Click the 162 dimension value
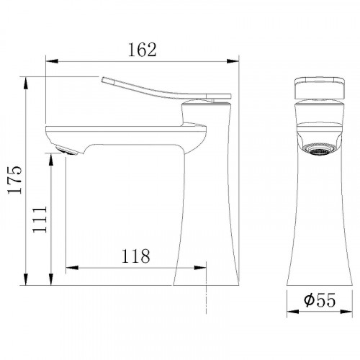[143, 50]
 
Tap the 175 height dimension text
[15, 179]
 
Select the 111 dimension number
[40, 219]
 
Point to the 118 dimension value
[136, 256]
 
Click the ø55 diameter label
[320, 300]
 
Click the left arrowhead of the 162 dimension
[52, 61]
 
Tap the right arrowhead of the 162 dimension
[233, 61]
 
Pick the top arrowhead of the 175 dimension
[25, 83]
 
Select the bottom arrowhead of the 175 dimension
[25, 279]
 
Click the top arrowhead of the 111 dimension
[51, 159]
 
